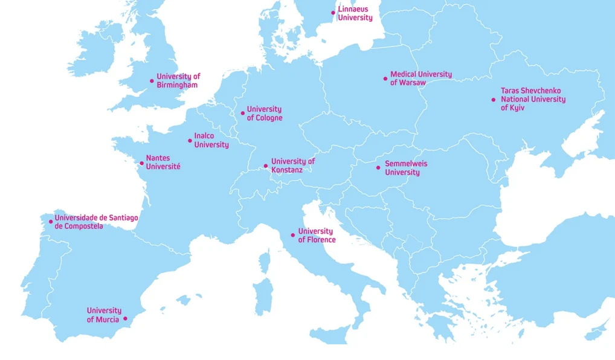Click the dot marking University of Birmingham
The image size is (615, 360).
pos(152,81)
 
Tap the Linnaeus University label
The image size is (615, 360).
pos(355,14)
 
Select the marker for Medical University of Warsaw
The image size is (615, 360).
pos(385,79)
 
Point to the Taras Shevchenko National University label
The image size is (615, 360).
pos(533,99)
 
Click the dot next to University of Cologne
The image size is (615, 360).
pos(243,113)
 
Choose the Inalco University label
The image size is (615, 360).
pos(211,140)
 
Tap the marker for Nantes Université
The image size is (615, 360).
pos(142,163)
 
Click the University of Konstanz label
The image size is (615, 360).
pos(292,166)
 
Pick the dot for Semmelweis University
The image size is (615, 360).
pos(379,168)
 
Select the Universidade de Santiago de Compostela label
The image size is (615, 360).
pos(96,222)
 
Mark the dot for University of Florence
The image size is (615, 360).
pos(293,235)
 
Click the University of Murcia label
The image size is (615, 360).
pos(104,315)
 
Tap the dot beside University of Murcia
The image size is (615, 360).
pos(126,318)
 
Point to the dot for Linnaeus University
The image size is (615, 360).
pos(333,13)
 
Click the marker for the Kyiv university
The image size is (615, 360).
pos(494,100)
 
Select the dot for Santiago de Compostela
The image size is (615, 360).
pos(51,222)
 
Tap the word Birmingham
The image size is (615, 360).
pos(177,85)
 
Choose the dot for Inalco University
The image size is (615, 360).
pos(190,141)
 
